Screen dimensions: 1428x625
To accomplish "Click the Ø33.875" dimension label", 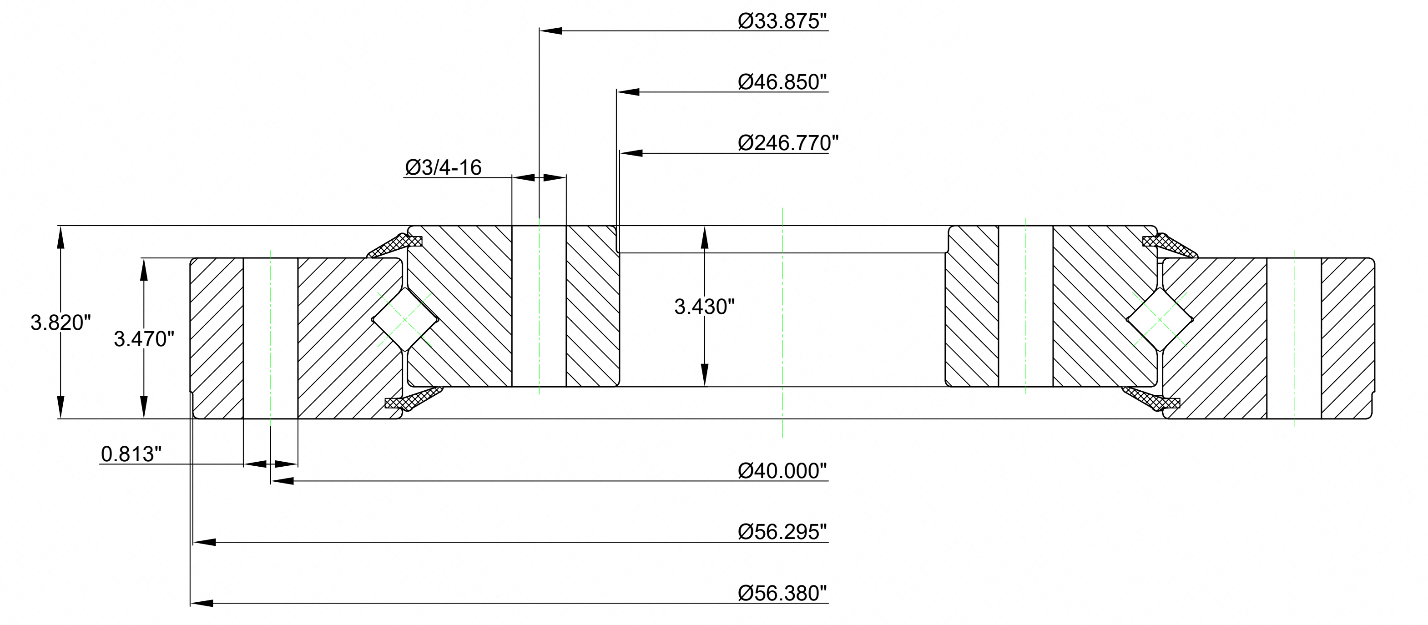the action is click(782, 21).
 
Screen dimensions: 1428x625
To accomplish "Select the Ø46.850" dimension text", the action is click(782, 82).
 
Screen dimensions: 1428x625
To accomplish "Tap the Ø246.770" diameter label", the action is click(788, 143).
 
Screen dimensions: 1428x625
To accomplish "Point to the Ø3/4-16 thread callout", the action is click(443, 167).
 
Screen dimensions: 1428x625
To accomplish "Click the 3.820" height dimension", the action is click(61, 323).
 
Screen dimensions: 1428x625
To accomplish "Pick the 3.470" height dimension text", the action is click(144, 338).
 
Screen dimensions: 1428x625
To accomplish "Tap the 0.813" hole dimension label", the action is click(131, 454).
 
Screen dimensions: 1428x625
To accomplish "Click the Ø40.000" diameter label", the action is click(782, 471).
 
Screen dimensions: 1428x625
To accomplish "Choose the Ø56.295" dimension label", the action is click(782, 532).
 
